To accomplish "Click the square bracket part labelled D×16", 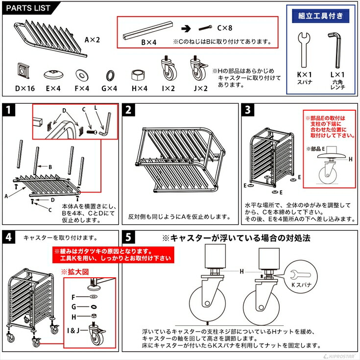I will pyautogui.click(x=23, y=72).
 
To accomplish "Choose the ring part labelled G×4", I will pyautogui.click(x=111, y=75).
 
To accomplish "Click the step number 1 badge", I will pyautogui.click(x=8, y=110).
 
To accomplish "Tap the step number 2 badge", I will pyautogui.click(x=129, y=110).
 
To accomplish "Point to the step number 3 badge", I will pyautogui.click(x=249, y=110).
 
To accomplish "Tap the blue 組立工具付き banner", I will pyautogui.click(x=321, y=16).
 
